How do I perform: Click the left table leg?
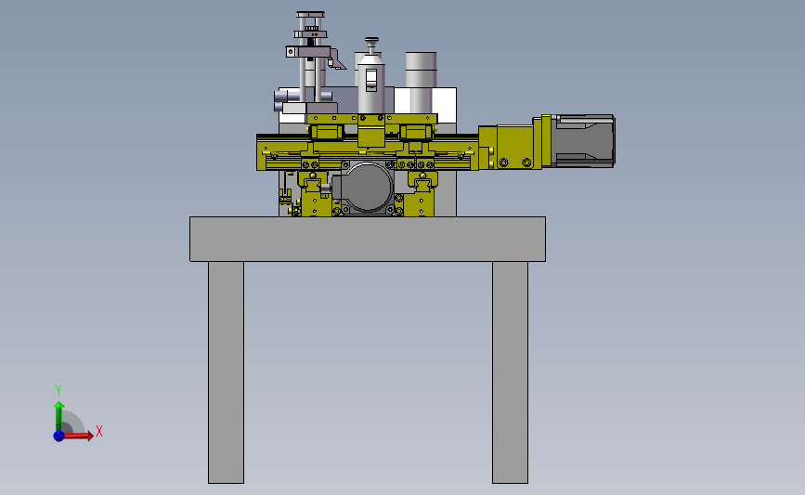[226, 372]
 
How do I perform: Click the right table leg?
[510, 372]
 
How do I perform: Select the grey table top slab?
[368, 240]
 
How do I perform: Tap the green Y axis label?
[58, 391]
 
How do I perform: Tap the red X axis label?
[99, 431]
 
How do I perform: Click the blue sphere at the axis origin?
[58, 436]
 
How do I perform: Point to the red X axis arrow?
[77, 436]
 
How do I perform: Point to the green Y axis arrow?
[59, 415]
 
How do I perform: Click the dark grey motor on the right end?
[584, 140]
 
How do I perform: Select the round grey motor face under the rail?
[367, 187]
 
